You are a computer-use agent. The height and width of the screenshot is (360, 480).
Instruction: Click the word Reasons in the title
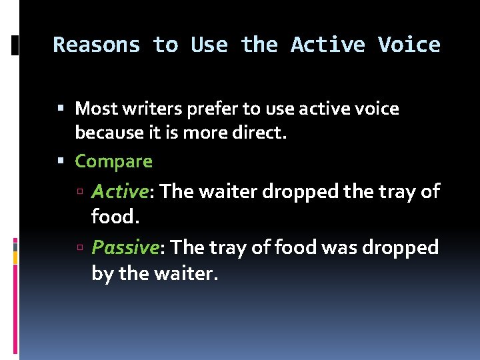(x=97, y=45)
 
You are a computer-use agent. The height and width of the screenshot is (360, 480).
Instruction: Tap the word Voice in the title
(x=409, y=45)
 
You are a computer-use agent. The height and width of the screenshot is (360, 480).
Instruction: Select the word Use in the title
(x=209, y=45)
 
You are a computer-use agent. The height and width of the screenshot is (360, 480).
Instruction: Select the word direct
(x=261, y=133)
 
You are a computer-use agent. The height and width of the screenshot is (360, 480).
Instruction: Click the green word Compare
(x=113, y=161)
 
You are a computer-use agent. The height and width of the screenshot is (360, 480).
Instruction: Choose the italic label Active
(x=119, y=191)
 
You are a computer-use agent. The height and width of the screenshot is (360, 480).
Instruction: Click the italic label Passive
(x=124, y=247)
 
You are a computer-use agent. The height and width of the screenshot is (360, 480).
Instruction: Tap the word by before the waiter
(x=103, y=273)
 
